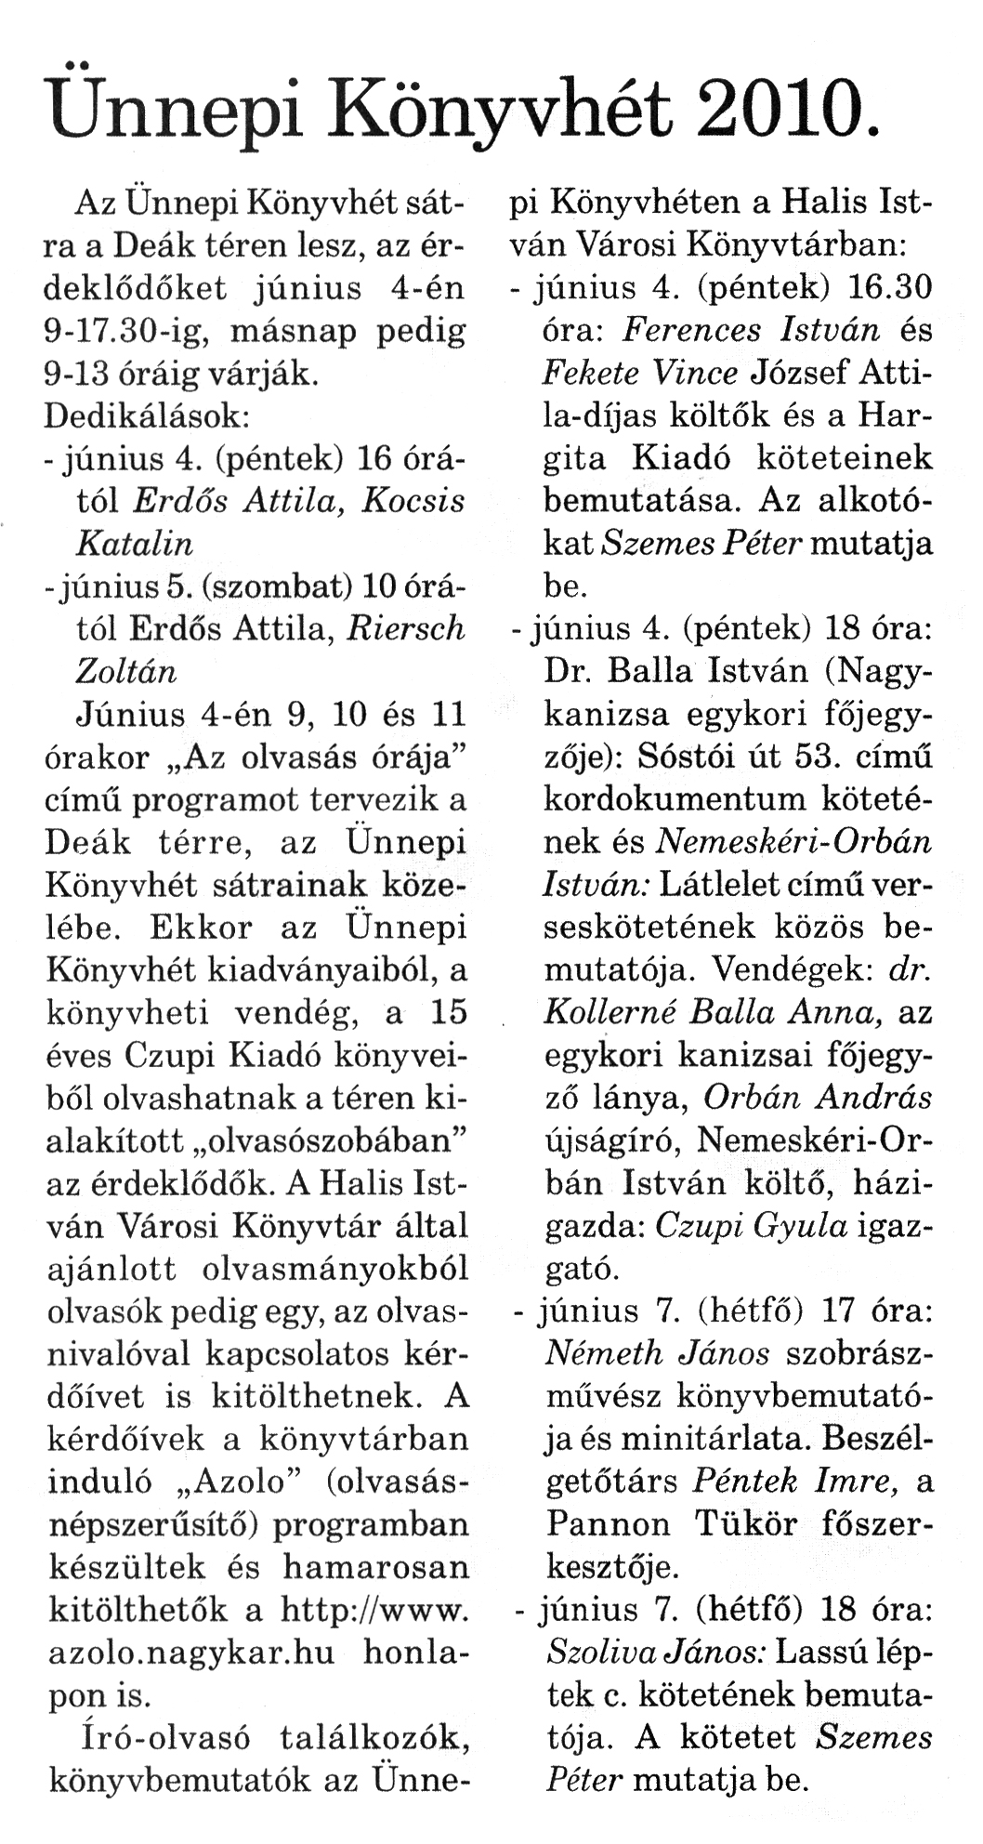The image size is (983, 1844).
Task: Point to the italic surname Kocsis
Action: [413, 501]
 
